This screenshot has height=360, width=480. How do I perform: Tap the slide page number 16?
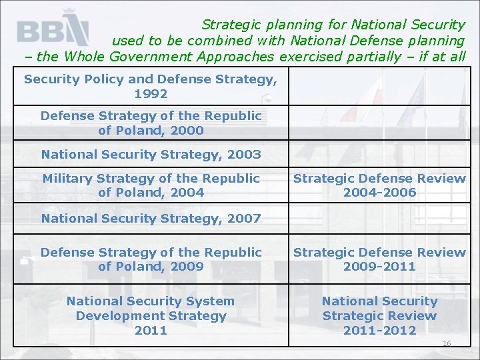click(447, 343)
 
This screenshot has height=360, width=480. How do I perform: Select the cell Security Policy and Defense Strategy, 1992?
click(151, 87)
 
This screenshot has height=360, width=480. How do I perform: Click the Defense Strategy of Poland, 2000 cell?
click(151, 123)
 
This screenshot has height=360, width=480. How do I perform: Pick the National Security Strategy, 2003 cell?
click(151, 155)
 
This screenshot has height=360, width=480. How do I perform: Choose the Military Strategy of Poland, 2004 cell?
click(151, 185)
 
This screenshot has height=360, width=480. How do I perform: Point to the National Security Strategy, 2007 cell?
click(151, 218)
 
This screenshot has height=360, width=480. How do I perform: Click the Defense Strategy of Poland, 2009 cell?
click(151, 259)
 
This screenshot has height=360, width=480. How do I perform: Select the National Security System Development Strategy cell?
click(151, 315)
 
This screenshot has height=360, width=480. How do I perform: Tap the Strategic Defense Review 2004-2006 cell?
click(379, 185)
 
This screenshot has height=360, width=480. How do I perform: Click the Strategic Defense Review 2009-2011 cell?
click(379, 259)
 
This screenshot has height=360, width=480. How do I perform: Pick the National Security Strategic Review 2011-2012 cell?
click(379, 315)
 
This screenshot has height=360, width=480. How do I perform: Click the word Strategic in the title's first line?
click(230, 25)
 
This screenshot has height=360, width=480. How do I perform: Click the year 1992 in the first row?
click(151, 94)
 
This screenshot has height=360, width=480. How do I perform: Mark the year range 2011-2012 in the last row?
click(379, 330)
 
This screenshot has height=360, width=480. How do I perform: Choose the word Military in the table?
click(68, 179)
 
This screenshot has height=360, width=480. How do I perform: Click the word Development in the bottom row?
click(151, 315)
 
